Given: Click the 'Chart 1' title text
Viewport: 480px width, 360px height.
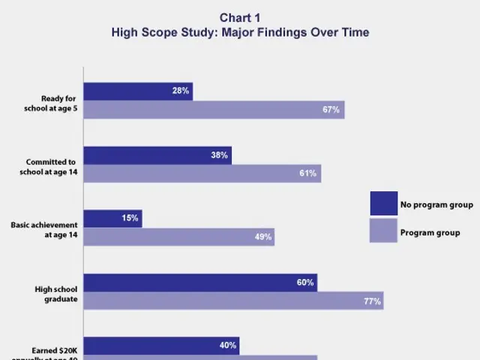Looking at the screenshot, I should pyautogui.click(x=240, y=18).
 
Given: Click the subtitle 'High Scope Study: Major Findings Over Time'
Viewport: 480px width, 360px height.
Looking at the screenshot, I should pyautogui.click(x=240, y=33).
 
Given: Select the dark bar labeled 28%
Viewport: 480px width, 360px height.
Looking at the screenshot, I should pyautogui.click(x=138, y=91).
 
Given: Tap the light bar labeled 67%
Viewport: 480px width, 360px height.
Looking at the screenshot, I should pyautogui.click(x=214, y=109).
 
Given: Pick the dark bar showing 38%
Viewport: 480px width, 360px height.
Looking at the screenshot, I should pyautogui.click(x=157, y=155).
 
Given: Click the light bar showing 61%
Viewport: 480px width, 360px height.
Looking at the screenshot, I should pyautogui.click(x=202, y=173).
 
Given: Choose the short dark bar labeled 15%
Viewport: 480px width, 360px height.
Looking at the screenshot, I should pyautogui.click(x=112, y=219).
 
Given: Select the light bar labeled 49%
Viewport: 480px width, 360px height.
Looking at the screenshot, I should pyautogui.click(x=178, y=237).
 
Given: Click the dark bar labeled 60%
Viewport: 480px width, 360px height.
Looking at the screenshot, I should pyautogui.click(x=200, y=283).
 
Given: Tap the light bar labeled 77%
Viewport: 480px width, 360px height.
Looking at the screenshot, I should pyautogui.click(x=233, y=301).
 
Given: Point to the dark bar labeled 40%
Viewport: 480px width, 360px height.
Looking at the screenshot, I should pyautogui.click(x=161, y=346).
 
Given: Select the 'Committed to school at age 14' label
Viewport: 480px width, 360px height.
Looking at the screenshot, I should pyautogui.click(x=52, y=167).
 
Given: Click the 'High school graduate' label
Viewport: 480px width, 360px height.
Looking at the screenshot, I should pyautogui.click(x=56, y=293).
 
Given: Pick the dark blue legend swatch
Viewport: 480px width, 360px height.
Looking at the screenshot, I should pyautogui.click(x=383, y=203).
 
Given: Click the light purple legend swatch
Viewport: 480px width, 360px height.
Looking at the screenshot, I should pyautogui.click(x=383, y=232).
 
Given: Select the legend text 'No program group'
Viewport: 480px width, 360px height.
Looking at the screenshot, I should pyautogui.click(x=436, y=205).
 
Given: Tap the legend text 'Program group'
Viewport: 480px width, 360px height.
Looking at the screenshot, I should pyautogui.click(x=430, y=233).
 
